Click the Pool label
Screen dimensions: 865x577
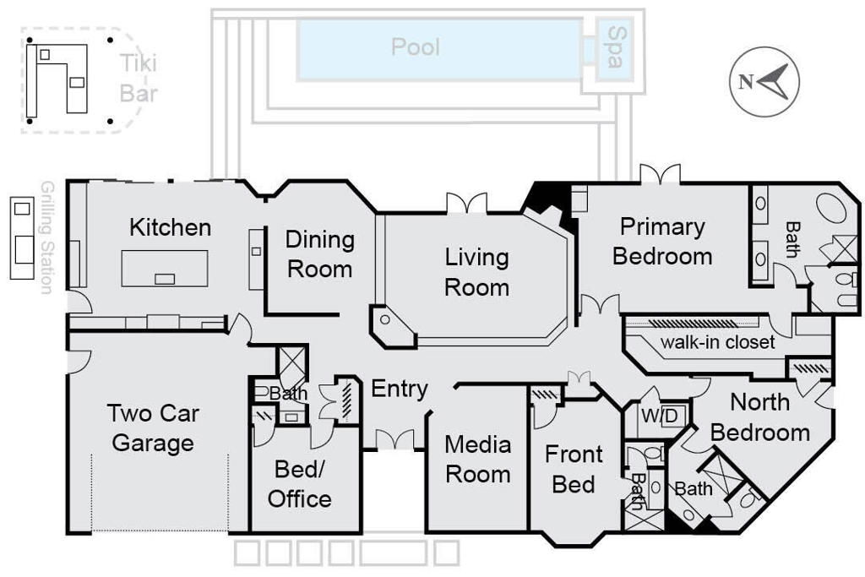click(x=416, y=47)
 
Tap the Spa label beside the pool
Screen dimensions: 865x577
click(x=615, y=47)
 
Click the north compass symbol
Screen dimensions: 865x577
click(x=764, y=82)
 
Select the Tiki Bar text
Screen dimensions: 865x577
click(x=139, y=79)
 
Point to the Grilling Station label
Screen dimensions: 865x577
click(x=47, y=237)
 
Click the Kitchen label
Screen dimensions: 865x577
click(x=171, y=227)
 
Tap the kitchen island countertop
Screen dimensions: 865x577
click(x=165, y=268)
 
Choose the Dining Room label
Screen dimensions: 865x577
click(x=319, y=254)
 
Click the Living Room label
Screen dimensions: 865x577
click(x=476, y=272)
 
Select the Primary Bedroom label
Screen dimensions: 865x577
click(x=662, y=242)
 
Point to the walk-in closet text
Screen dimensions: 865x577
click(x=718, y=342)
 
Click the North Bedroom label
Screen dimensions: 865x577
click(x=760, y=417)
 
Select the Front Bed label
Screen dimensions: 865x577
click(x=574, y=470)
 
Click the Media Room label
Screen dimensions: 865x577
click(x=478, y=460)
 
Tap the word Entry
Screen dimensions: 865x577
click(x=400, y=389)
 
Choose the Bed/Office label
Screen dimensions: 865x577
click(x=300, y=484)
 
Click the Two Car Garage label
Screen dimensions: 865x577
click(x=153, y=428)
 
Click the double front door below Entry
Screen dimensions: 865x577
click(x=394, y=439)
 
